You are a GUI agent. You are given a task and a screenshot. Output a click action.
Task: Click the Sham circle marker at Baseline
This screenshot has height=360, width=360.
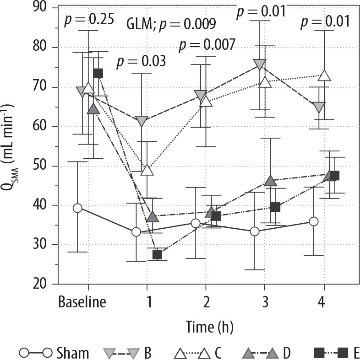coord(77,208)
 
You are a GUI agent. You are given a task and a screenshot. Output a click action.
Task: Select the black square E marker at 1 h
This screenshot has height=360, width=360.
coord(157,255)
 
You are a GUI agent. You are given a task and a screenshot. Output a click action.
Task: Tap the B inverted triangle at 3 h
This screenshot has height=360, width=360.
coord(259,64)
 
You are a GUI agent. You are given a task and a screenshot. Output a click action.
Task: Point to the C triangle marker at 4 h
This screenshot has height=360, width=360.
coord(324,75)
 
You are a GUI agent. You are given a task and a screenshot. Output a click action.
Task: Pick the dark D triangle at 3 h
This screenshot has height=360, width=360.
coord(271,181)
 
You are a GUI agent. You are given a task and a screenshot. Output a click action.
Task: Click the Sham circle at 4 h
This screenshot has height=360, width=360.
coord(314,221)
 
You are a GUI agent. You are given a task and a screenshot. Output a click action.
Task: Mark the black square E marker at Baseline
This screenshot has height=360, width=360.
coord(98,73)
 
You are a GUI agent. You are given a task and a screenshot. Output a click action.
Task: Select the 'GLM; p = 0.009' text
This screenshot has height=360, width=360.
coord(170,24)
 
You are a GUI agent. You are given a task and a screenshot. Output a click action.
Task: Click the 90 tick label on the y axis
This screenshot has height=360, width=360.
coord(41,8)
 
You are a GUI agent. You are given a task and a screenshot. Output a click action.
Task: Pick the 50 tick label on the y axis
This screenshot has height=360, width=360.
coord(41,166)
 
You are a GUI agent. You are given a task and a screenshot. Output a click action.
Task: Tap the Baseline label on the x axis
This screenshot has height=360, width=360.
coord(82,302)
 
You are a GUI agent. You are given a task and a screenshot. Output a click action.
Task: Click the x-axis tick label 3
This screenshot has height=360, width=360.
coord(265,302)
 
